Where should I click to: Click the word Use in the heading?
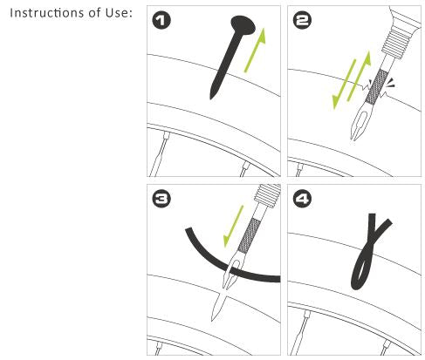click(x=118, y=13)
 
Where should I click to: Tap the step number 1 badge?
click(x=161, y=21)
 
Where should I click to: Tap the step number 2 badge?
click(x=302, y=21)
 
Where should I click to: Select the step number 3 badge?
click(x=161, y=200)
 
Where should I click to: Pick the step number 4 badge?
click(x=302, y=200)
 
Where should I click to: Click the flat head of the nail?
click(x=243, y=25)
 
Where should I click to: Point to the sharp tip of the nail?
click(x=211, y=98)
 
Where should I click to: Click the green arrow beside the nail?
click(x=255, y=50)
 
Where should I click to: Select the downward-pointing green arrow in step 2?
click(x=344, y=85)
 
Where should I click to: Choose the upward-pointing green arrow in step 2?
click(x=360, y=76)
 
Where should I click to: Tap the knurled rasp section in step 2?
click(x=377, y=87)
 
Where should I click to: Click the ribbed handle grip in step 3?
click(x=267, y=195)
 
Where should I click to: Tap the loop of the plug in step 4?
click(x=360, y=273)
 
